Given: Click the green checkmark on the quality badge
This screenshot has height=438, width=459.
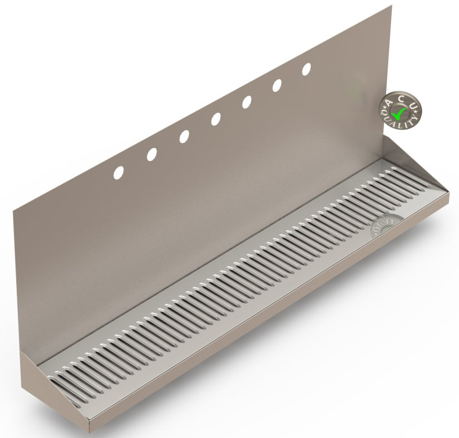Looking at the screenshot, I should pos(398,114).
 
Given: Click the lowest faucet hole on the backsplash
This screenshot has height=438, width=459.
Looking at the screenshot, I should pos(119,173).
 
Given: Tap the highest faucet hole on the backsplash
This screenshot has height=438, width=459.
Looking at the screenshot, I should pos(306,69).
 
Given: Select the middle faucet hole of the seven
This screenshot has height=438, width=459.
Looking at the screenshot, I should pos(215,119).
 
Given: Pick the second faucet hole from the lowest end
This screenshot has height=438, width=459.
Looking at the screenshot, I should pos(151,155).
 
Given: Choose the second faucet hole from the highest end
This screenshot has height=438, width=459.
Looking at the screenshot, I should pos(277,85).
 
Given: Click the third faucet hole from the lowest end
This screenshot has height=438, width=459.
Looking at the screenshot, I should pos(184,137).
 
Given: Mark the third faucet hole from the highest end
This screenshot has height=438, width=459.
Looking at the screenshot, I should pos(246,102).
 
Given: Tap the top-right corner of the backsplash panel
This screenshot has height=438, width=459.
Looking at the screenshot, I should pos(391,6).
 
